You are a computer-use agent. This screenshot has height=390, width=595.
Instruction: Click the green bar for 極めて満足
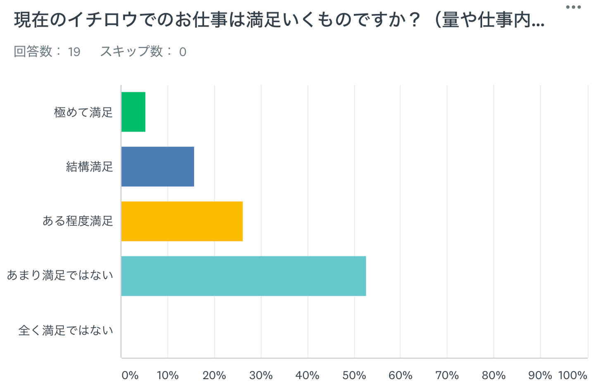coord(133,112)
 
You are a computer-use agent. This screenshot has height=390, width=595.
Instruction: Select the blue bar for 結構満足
coord(157,166)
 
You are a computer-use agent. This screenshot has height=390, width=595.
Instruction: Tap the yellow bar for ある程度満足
coord(182,221)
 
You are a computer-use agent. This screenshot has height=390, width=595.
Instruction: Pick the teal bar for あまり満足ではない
coord(243,276)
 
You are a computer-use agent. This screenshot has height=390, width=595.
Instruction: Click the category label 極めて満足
coord(83,112)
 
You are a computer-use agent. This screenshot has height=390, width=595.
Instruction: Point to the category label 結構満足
coord(89,167)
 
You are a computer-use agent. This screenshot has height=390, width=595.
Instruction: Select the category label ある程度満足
coord(78,221)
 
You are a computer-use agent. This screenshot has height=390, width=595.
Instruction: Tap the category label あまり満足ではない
coord(60,275)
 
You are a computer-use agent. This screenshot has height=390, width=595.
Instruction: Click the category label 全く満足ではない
coord(66,330)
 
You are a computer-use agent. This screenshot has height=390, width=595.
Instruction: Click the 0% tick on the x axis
coord(130,376)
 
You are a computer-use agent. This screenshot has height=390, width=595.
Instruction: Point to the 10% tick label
coord(168,376)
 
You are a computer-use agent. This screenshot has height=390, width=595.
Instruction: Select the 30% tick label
coord(261,376)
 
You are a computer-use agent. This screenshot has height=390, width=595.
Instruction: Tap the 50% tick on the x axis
coord(354,376)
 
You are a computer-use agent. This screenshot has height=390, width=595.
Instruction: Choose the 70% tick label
coord(447,376)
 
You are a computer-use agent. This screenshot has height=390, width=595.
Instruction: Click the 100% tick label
coord(573,376)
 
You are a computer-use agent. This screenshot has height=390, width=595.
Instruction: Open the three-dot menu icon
coord(574,7)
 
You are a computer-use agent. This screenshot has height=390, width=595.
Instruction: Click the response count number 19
coord(74,52)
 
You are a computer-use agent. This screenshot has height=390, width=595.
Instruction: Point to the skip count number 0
coord(183,52)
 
